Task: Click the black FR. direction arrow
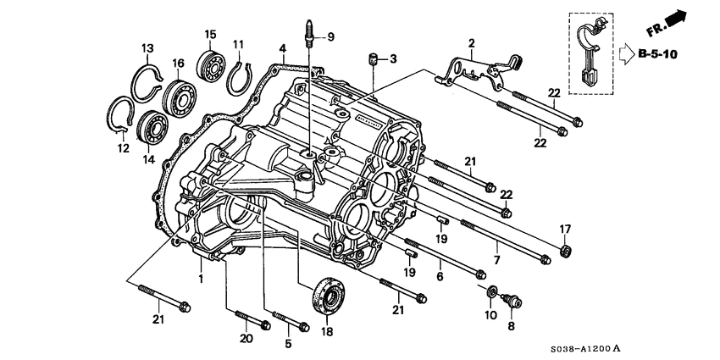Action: (674, 20)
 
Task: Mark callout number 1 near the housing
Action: (201, 277)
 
